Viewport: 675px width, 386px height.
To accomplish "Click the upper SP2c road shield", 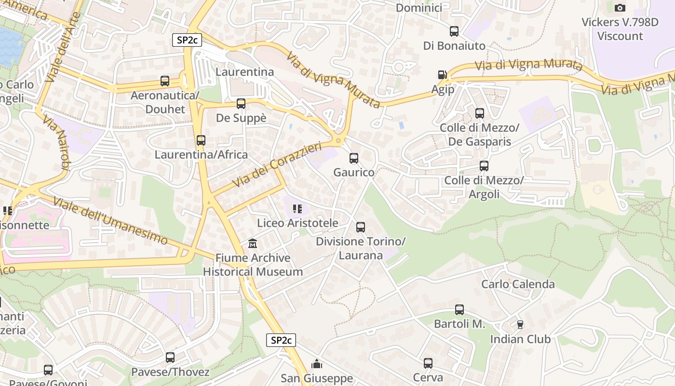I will tap(187, 40).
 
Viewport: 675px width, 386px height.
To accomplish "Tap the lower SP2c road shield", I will tap(281, 340).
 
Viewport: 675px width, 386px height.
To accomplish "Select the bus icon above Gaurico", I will tap(354, 158).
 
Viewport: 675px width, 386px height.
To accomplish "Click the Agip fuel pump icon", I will tap(442, 75).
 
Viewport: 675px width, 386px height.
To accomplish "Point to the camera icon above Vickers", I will tap(620, 8).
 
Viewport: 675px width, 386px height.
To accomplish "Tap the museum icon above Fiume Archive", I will tap(253, 244).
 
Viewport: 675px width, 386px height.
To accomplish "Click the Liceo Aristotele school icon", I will tap(297, 209).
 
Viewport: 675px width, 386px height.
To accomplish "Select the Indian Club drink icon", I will tap(520, 325).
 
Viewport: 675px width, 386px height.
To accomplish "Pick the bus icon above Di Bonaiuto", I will tap(454, 31).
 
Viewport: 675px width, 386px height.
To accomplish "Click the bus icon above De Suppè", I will tap(241, 104).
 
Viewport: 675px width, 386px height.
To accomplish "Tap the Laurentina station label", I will tap(244, 72).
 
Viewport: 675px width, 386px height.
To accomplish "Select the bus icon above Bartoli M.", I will tap(459, 310).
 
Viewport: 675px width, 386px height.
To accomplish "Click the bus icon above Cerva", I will tap(428, 363).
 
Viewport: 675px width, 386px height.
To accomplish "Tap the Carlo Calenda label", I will tap(518, 284).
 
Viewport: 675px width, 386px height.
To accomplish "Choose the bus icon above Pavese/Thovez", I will tap(170, 358).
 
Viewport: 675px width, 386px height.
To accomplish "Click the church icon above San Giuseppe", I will tap(317, 364).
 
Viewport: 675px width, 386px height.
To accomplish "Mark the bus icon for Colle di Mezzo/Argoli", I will tap(484, 166).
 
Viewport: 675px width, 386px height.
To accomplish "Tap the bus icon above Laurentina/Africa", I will tap(201, 140).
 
